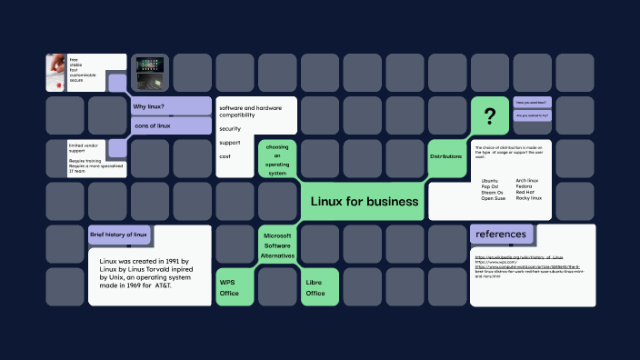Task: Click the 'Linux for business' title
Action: point(365,201)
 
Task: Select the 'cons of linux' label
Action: point(152,125)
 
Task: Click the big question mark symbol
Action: point(490,115)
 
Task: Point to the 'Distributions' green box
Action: point(445,156)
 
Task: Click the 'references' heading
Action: point(501,234)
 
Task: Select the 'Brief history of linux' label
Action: point(118,235)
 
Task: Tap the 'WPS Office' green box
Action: point(229,287)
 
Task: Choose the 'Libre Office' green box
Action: point(315,287)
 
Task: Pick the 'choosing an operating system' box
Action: point(277,159)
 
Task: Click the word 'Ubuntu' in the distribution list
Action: point(490,181)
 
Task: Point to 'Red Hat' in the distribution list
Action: point(525,192)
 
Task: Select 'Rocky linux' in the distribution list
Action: point(528,198)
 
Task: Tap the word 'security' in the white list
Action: point(230,128)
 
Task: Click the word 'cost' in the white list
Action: point(225,156)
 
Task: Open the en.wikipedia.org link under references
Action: point(519,258)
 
